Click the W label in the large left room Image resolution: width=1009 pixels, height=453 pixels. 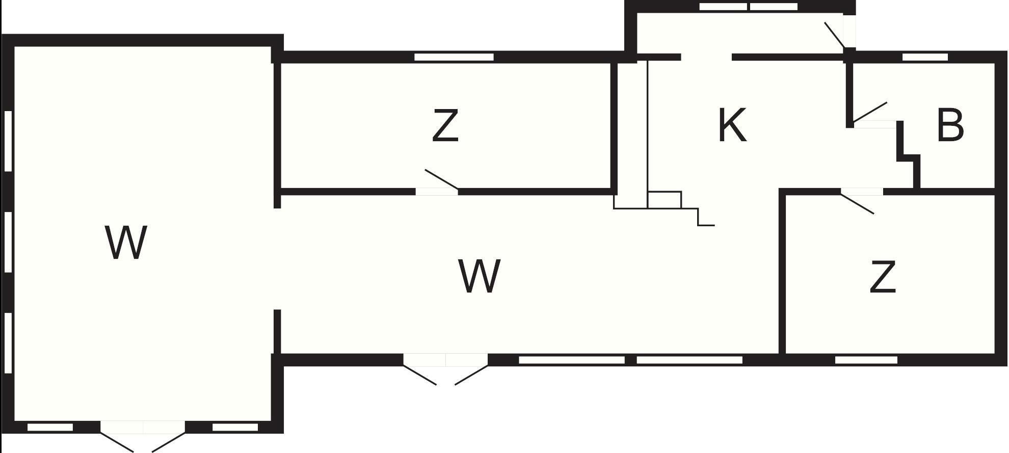[126, 243]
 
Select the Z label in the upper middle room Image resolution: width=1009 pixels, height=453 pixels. [445, 126]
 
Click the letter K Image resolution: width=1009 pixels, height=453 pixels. [732, 125]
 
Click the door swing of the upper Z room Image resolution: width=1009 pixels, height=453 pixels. [441, 180]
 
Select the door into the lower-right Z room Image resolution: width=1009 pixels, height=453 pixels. [858, 202]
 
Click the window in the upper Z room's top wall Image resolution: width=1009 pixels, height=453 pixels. [454, 57]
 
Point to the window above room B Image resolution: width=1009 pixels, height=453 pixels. [925, 57]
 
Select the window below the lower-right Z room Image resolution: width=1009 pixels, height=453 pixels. [866, 360]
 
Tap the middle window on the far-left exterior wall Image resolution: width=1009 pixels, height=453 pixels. [8, 242]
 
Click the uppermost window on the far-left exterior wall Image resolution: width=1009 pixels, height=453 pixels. [8, 141]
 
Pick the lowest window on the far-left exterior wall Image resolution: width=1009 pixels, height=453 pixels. [8, 343]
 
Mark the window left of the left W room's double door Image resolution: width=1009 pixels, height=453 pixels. [50, 427]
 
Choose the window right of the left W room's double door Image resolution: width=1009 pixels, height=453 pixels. [235, 427]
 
